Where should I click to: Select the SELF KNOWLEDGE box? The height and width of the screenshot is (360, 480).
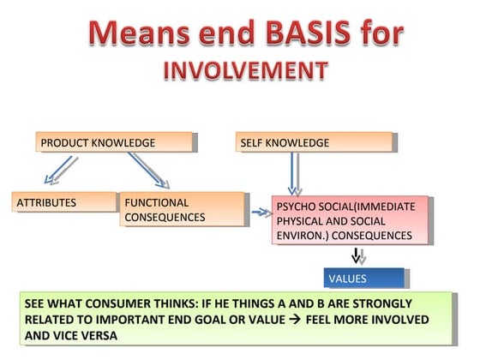tap(314, 142)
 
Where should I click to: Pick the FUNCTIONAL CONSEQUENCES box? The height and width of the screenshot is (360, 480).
tap(182, 210)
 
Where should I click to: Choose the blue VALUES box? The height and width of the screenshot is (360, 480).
tap(364, 279)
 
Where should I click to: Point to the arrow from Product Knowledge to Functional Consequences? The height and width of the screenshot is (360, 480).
tap(149, 170)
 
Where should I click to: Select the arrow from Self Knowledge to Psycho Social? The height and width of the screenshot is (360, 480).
tap(295, 173)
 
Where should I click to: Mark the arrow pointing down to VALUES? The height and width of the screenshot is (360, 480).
tap(358, 255)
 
